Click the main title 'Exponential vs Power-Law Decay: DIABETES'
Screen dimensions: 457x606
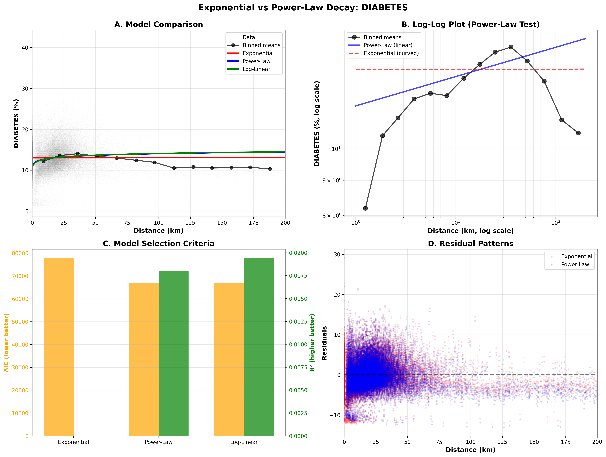pyautogui.click(x=303, y=8)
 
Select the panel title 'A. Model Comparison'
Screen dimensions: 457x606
pyautogui.click(x=159, y=24)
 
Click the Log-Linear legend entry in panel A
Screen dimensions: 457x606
pyautogui.click(x=256, y=69)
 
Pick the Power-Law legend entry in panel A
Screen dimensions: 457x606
pyautogui.click(x=256, y=61)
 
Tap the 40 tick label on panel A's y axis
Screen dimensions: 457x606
pyautogui.click(x=25, y=48)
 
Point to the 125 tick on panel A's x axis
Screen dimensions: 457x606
pyautogui.click(x=190, y=223)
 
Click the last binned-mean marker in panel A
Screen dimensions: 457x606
pyautogui.click(x=270, y=169)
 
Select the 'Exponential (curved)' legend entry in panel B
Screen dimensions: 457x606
pyautogui.click(x=391, y=53)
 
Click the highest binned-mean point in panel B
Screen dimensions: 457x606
pyautogui.click(x=511, y=47)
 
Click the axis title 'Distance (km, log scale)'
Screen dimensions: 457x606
pyautogui.click(x=470, y=231)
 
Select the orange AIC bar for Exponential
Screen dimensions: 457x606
pyautogui.click(x=59, y=347)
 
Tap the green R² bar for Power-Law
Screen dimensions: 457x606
pyautogui.click(x=173, y=354)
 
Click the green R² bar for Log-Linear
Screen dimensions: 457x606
pyautogui.click(x=259, y=347)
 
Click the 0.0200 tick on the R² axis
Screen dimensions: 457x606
pyautogui.click(x=298, y=253)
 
